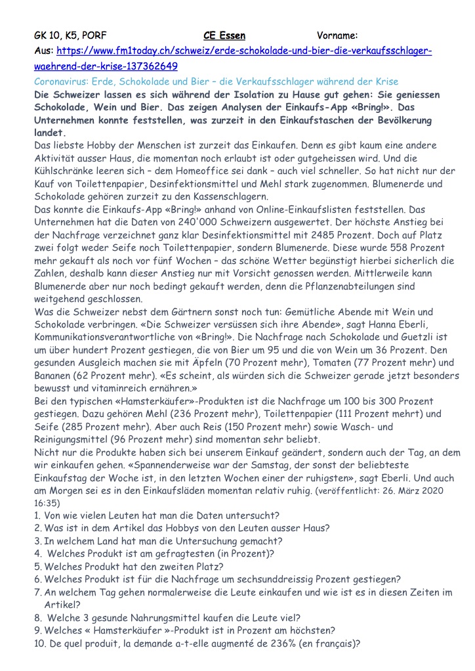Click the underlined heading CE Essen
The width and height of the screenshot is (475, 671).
click(224, 35)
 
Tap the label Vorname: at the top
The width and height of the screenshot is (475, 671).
click(337, 35)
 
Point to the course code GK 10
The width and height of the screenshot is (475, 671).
click(47, 35)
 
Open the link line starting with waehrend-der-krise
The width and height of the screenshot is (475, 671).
click(105, 66)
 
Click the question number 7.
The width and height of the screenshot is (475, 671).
click(37, 592)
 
